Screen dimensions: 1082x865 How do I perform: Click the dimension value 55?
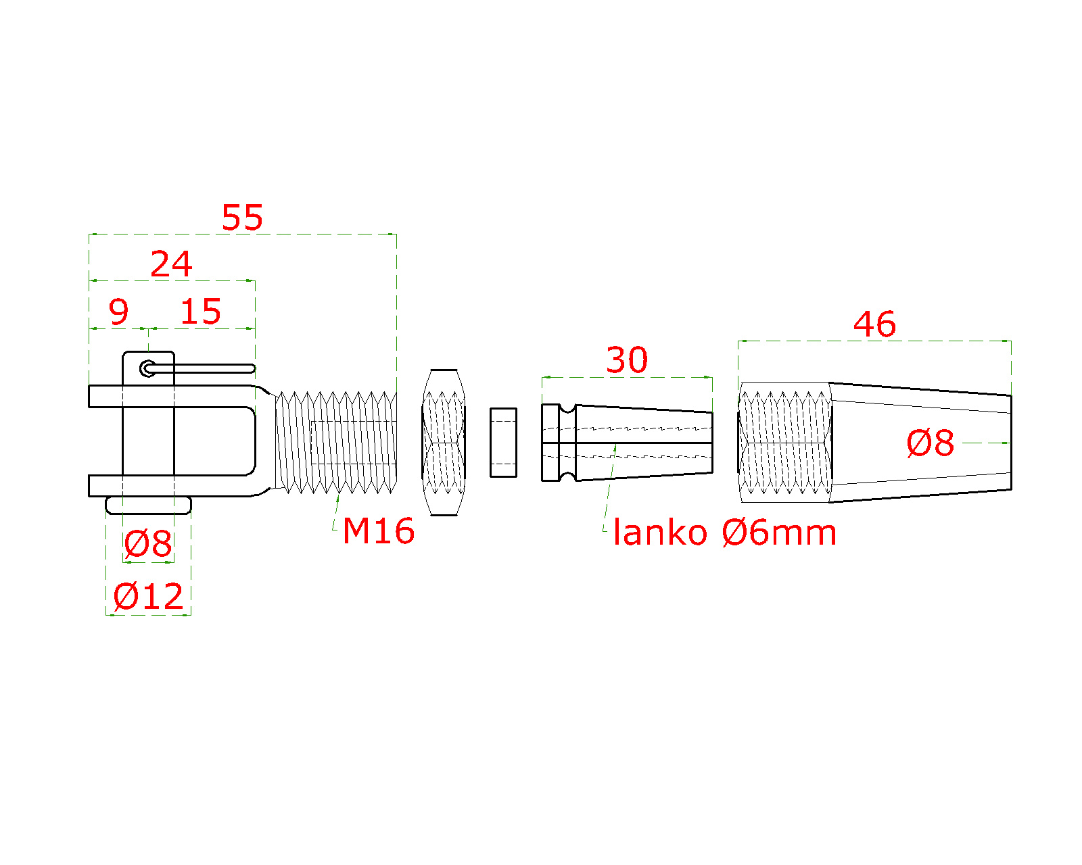tap(242, 217)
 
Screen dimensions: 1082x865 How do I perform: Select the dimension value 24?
tap(171, 264)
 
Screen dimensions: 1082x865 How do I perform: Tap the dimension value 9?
tap(118, 312)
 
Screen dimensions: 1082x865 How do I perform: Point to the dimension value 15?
tap(201, 312)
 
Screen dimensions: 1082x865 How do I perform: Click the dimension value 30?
tap(626, 360)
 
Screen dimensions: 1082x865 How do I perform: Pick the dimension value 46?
tap(874, 324)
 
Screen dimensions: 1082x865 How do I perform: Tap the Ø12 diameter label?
tap(148, 597)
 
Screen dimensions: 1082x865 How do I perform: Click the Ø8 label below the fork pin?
tap(148, 543)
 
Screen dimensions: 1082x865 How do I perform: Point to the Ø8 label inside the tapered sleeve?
tap(930, 443)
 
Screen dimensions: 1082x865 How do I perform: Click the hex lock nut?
tap(444, 443)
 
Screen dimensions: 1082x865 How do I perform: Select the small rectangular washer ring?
tap(503, 443)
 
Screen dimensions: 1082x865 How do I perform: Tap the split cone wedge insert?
tap(627, 443)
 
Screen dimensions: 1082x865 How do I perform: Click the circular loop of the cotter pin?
tap(147, 368)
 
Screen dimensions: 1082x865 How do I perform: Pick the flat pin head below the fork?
tap(148, 505)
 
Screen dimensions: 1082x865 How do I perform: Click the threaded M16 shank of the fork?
tap(336, 443)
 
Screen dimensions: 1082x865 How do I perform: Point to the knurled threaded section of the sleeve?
tap(785, 443)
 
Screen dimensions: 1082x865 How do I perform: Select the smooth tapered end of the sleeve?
tap(920, 443)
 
